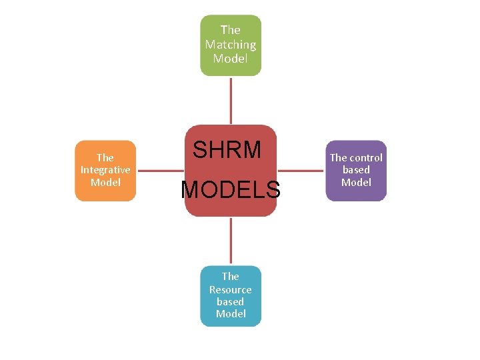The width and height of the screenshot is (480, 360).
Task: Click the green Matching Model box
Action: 231,45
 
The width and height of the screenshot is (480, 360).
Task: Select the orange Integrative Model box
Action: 105,171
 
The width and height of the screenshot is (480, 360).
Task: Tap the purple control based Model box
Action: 356,171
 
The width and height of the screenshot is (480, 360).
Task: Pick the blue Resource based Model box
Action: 231,296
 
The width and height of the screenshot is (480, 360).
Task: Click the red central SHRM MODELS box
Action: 231,171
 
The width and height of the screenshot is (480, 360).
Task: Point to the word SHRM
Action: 227,150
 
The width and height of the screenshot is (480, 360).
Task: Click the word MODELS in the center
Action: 231,190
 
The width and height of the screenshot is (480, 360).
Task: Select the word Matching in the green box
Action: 231,45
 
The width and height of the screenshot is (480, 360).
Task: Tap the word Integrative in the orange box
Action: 105,170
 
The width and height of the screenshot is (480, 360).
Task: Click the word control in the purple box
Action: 366,158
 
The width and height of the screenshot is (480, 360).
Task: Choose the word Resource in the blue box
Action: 231,289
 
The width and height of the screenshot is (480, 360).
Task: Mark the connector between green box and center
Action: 231,100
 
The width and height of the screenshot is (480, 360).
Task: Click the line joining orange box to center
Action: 160,171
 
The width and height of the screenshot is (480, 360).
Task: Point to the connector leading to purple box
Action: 301,171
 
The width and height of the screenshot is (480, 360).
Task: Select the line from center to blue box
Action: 231,241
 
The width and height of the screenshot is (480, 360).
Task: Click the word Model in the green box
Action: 231,59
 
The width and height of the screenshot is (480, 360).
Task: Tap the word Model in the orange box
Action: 105,182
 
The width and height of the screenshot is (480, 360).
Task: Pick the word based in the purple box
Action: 356,170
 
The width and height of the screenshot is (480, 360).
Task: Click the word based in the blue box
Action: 231,301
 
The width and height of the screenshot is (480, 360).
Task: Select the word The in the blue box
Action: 231,276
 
